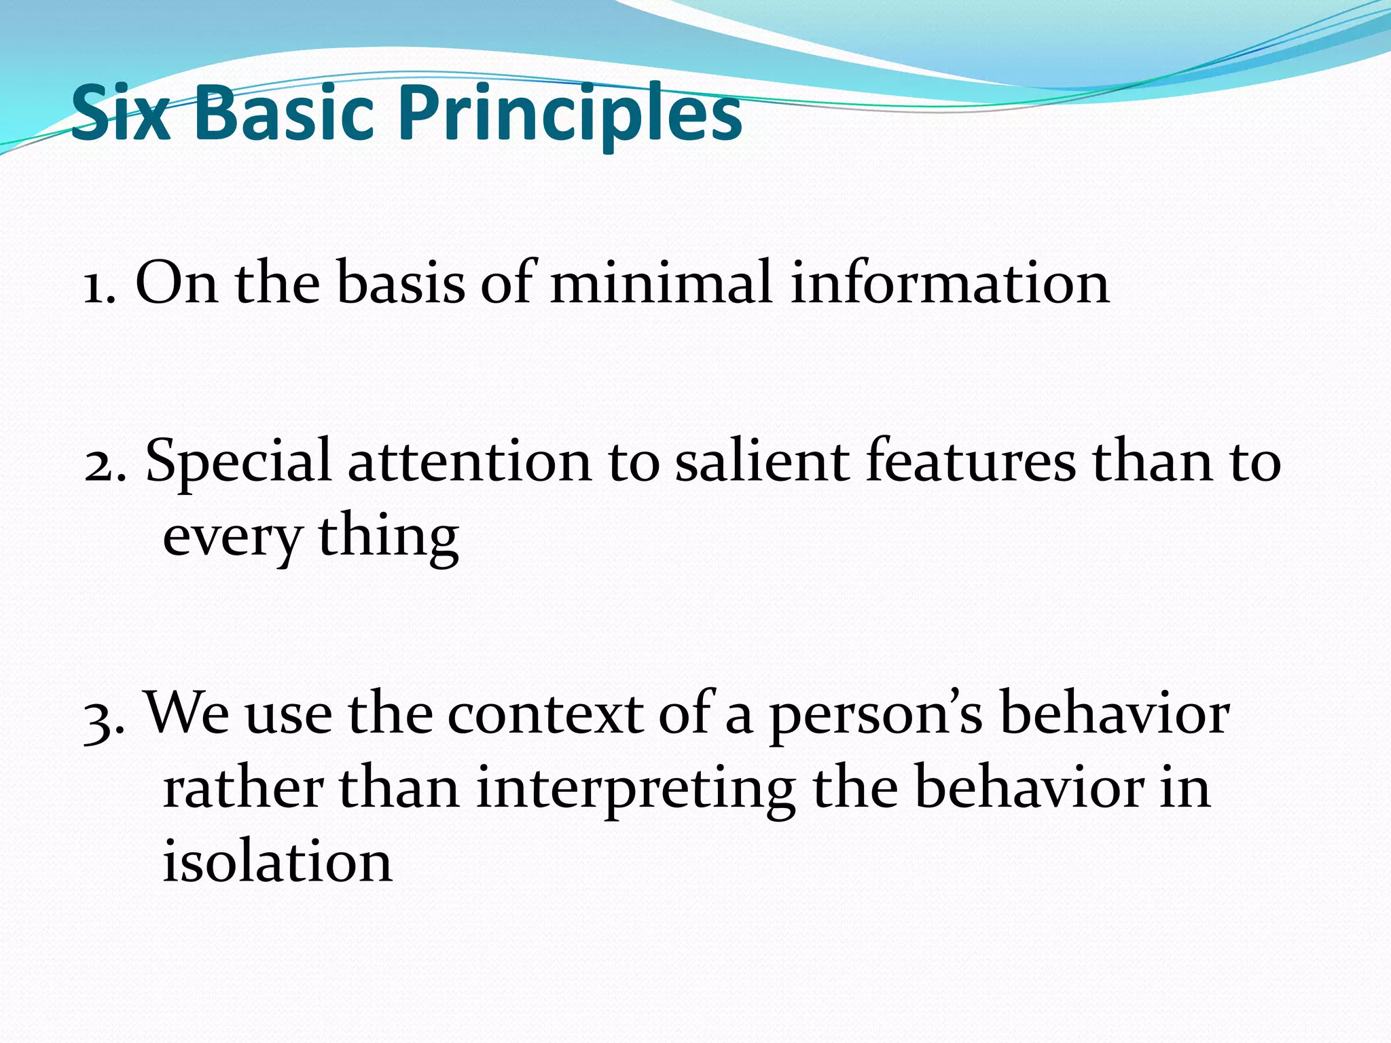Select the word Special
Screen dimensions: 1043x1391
[x=238, y=463]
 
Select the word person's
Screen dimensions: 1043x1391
[x=875, y=717]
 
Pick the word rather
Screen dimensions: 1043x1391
[x=243, y=789]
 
